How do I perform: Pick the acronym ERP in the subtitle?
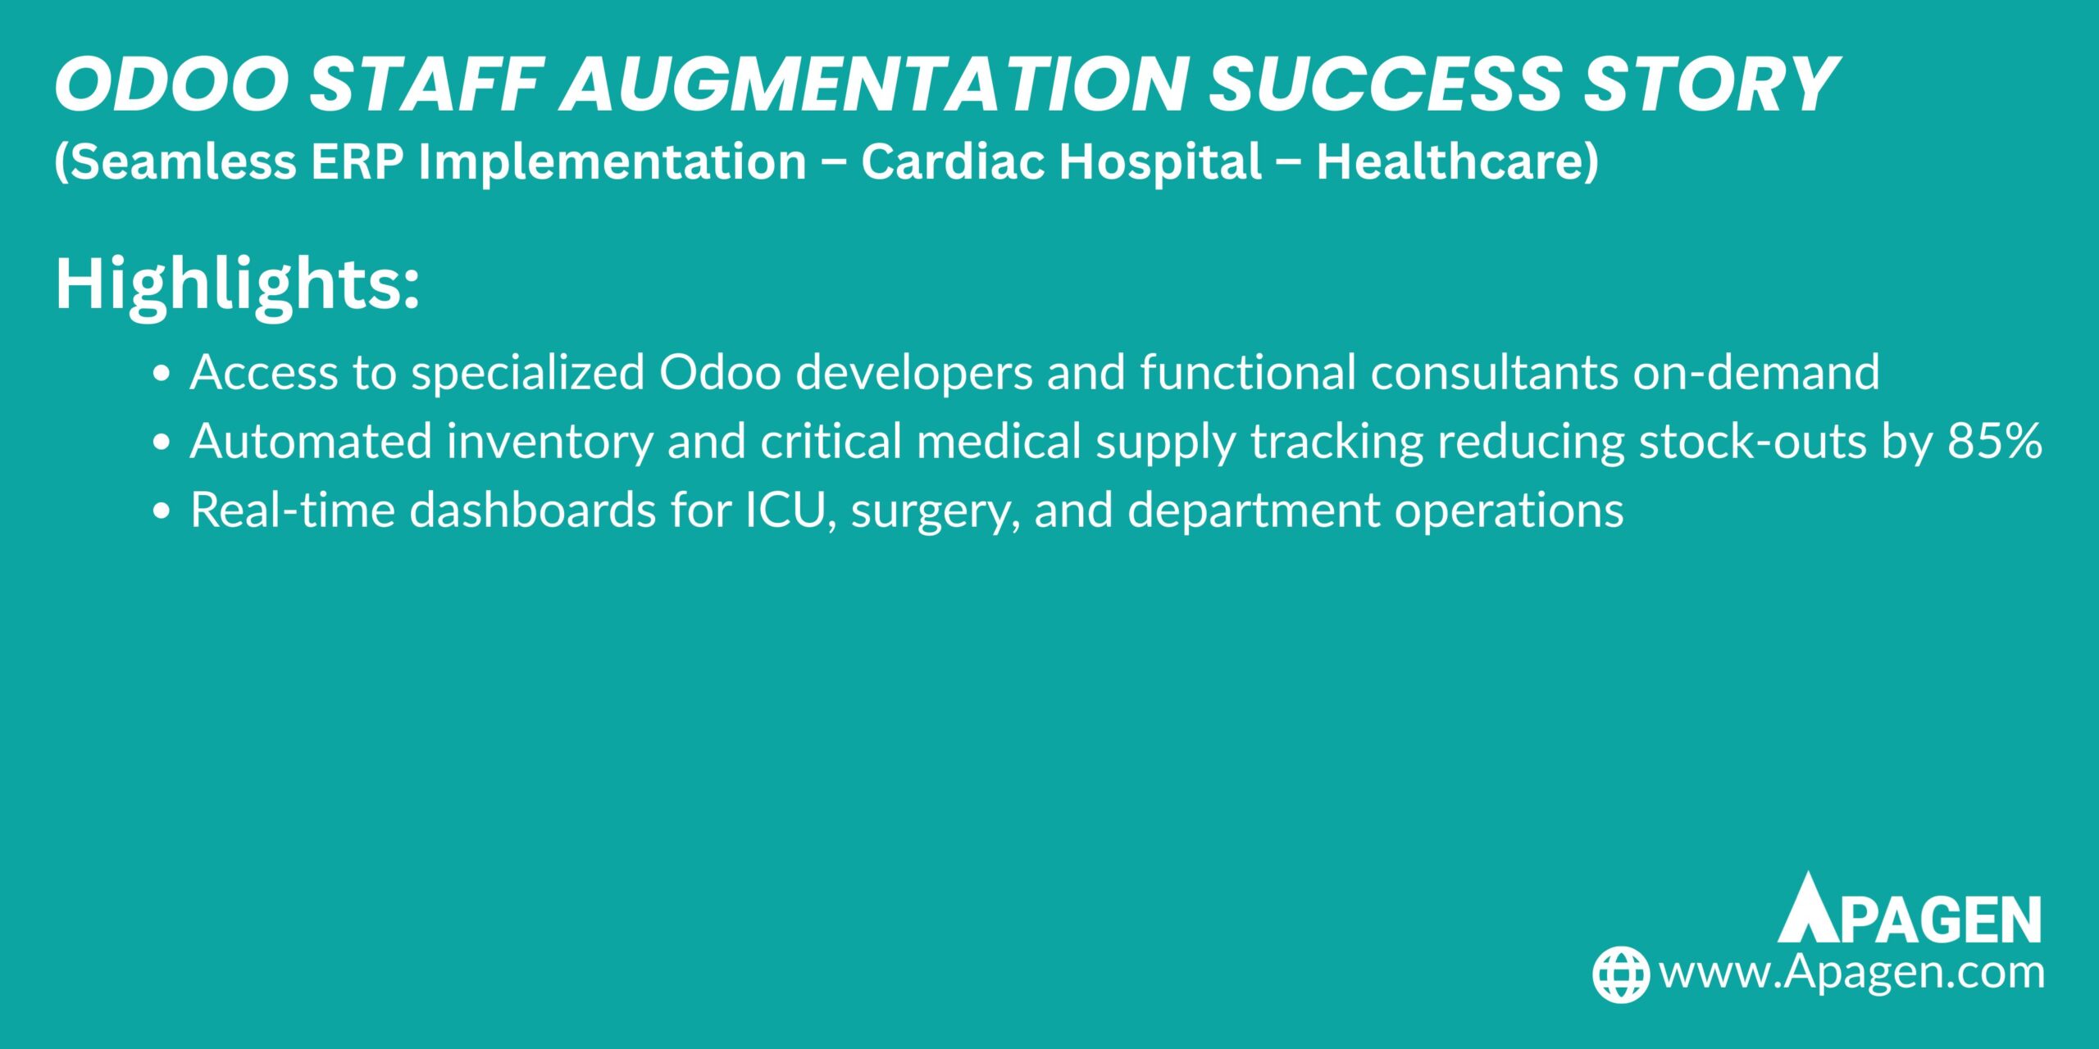pos(358,161)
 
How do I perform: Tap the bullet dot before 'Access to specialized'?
pos(162,374)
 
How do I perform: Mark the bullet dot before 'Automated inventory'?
pos(162,443)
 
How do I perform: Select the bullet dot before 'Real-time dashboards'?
pos(162,511)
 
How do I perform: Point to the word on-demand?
pos(1756,373)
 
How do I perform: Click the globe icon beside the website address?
pos(1620,974)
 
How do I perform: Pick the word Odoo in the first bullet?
pos(720,373)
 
